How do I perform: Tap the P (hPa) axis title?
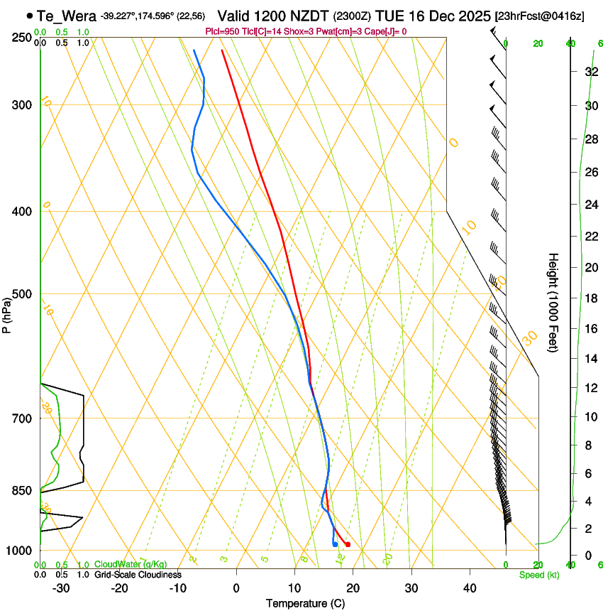(x=6, y=313)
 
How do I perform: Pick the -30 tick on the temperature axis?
(x=61, y=588)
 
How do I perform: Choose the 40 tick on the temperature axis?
(x=470, y=588)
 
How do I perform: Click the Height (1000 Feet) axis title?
(x=553, y=302)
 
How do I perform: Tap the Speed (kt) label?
(x=538, y=575)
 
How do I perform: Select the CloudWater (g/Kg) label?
(x=131, y=564)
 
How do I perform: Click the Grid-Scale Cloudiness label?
(x=138, y=574)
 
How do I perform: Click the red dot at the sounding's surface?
(x=348, y=545)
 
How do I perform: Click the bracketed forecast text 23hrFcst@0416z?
(x=541, y=16)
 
